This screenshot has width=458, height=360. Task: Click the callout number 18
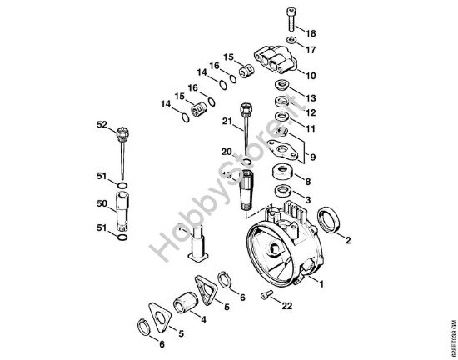click(311, 33)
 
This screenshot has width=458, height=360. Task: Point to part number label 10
click(311, 76)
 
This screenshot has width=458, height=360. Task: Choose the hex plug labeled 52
click(122, 132)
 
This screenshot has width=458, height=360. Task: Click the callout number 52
click(102, 125)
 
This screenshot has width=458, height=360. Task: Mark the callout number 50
click(102, 203)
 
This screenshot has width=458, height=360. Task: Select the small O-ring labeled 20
click(246, 158)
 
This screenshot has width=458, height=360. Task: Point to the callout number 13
click(311, 97)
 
